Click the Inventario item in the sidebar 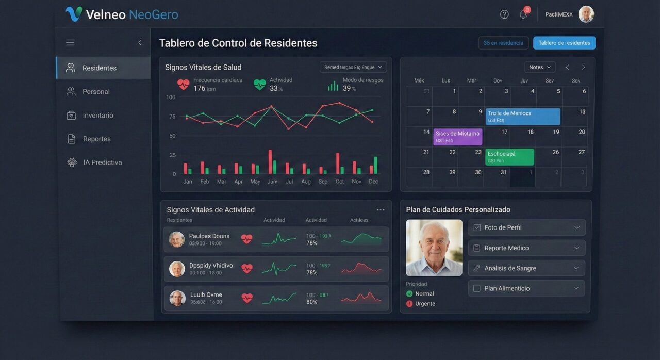click(x=97, y=116)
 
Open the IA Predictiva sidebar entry click(x=102, y=162)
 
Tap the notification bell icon click(x=523, y=14)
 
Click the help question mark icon click(x=504, y=14)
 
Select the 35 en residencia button click(x=503, y=43)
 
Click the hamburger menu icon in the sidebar click(x=70, y=43)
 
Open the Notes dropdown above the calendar click(x=540, y=67)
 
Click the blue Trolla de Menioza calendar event click(x=523, y=117)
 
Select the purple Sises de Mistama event click(x=458, y=137)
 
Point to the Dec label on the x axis click(x=374, y=182)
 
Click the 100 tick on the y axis click(x=171, y=97)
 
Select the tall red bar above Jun click(x=270, y=162)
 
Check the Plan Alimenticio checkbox click(x=477, y=288)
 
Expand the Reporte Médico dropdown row click(x=526, y=248)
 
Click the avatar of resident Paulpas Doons click(x=176, y=239)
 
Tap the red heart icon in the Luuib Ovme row click(x=247, y=298)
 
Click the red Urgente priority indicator click(x=409, y=304)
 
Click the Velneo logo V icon click(x=74, y=14)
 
